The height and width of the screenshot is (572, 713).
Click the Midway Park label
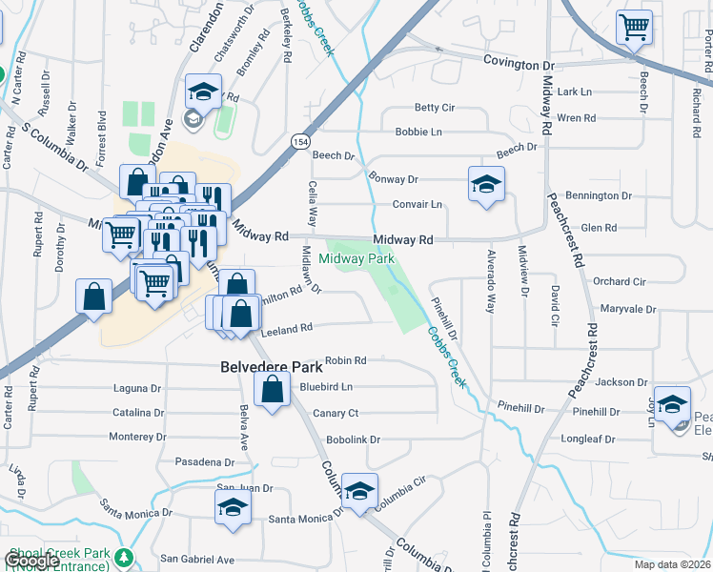357,258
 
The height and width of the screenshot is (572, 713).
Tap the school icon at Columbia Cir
360,492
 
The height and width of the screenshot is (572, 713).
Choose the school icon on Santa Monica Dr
232,509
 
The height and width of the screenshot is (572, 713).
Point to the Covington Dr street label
518,65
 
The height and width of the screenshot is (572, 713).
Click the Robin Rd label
346,360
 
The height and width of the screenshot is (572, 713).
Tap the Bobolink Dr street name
353,439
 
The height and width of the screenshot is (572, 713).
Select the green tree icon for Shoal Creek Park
122,557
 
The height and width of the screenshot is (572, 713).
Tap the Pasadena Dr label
204,461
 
